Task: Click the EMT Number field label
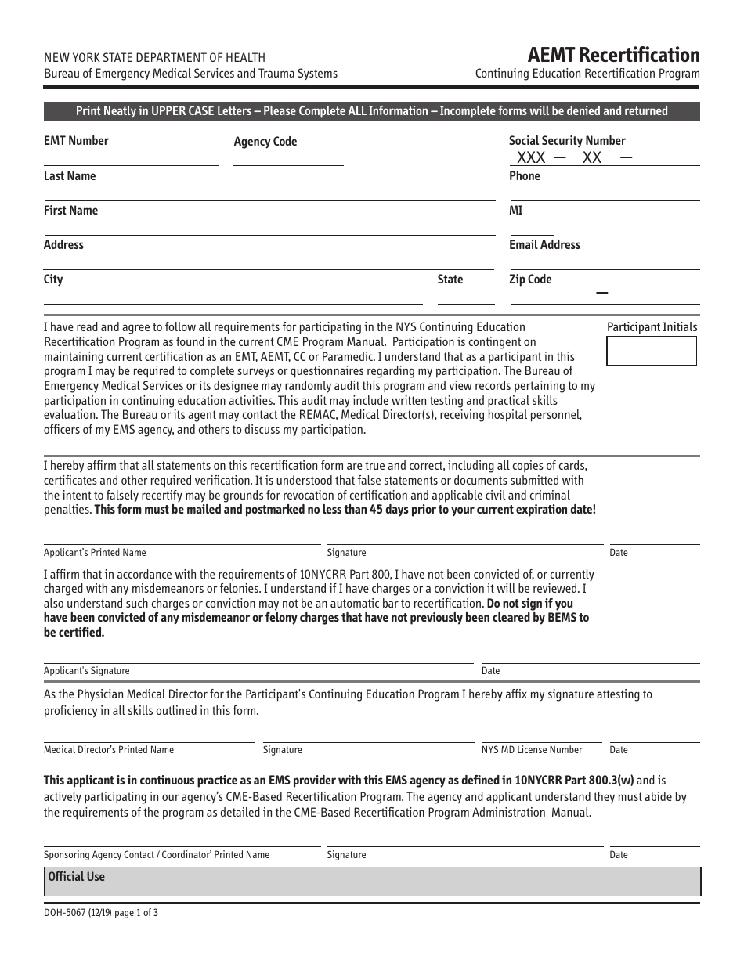coord(76,141)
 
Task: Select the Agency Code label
coord(265,142)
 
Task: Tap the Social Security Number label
coord(567,141)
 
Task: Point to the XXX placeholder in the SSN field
coord(531,157)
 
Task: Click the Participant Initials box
coord(651,352)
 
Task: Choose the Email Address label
coord(544,245)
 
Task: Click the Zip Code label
coord(530,280)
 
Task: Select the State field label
coord(450,280)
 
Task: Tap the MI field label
coord(515,211)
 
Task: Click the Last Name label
coord(70,176)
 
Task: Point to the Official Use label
coord(76,877)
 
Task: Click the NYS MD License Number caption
coord(532,750)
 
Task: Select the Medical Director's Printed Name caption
coord(109,750)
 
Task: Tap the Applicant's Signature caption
coord(87,671)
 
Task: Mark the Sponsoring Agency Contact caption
coord(157,855)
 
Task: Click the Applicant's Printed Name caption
coord(95,553)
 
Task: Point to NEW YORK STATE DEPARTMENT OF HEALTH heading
coord(154,57)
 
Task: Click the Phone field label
coord(525,176)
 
